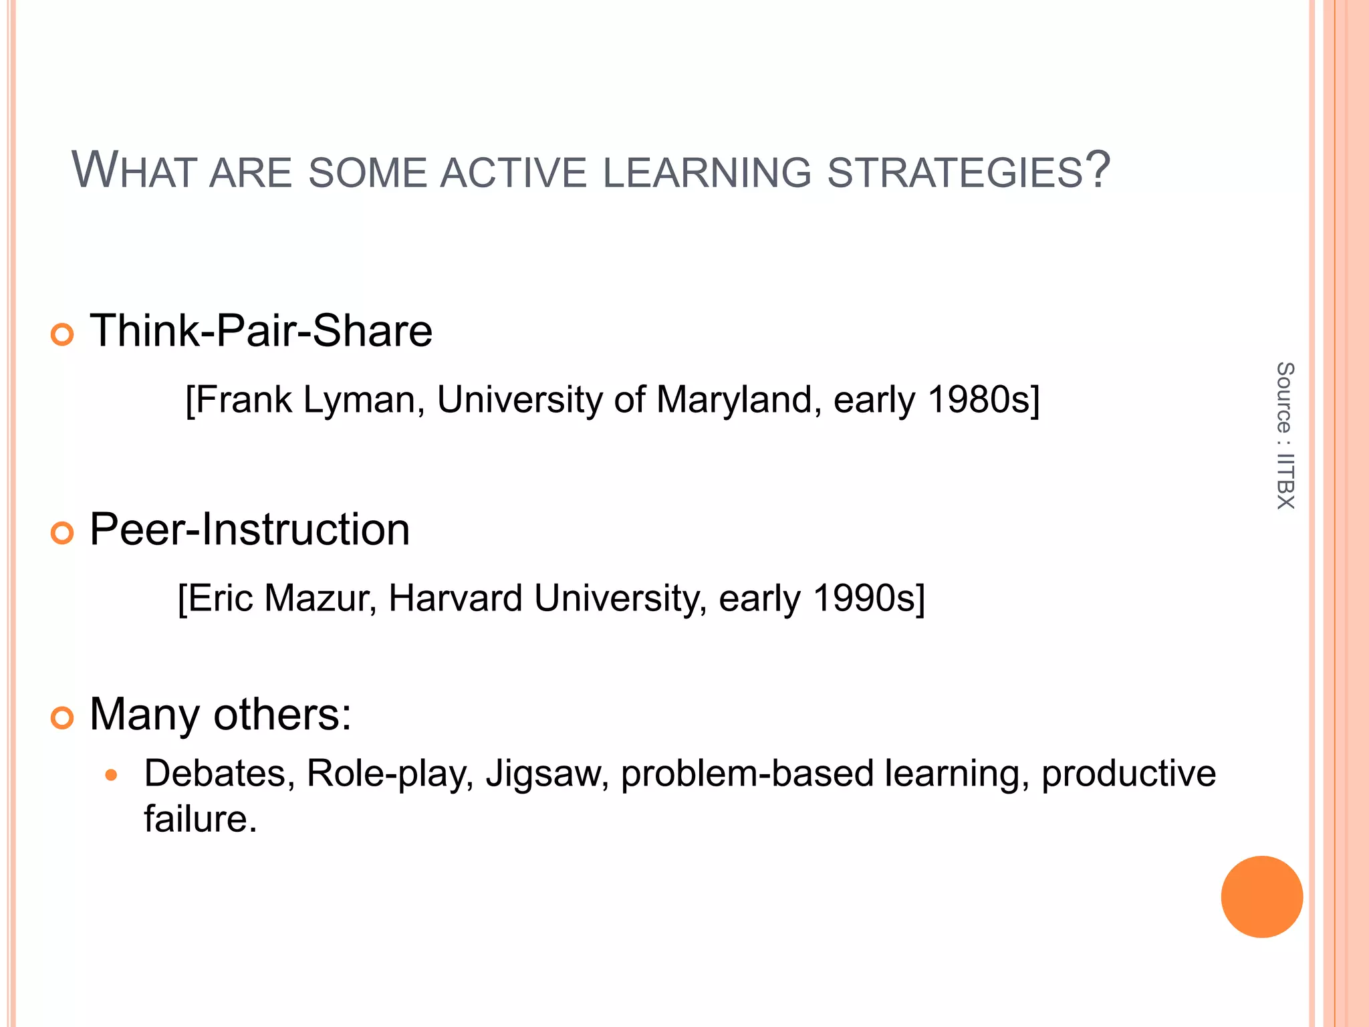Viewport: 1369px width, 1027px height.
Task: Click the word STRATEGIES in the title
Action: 955,173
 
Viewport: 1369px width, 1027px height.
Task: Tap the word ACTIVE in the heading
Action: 513,173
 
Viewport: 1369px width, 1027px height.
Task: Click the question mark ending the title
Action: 1097,170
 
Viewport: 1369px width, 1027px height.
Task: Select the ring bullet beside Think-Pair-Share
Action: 62,334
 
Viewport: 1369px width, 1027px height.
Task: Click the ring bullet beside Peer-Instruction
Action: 62,533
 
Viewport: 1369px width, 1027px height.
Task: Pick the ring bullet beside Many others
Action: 62,718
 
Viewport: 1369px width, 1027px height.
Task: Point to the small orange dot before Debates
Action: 112,776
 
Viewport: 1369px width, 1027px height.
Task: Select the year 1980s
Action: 983,400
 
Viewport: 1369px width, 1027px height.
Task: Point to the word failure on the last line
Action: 199,819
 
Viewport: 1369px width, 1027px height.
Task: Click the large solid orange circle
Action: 1261,897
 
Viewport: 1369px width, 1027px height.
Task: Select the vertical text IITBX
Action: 1285,481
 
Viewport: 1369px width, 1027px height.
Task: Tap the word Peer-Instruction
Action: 249,530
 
